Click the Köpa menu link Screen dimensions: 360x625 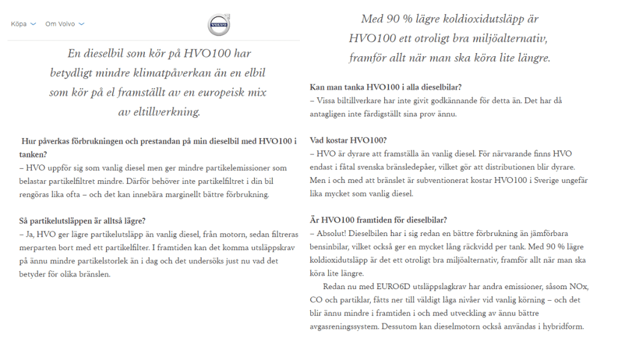[19, 24]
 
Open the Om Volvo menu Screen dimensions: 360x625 [60, 24]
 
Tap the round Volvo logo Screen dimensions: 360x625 [219, 25]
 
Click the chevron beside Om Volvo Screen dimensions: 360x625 [82, 24]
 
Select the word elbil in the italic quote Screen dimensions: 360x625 [254, 73]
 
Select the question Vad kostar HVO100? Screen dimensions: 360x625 [348, 140]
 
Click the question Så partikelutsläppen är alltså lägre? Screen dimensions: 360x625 [83, 220]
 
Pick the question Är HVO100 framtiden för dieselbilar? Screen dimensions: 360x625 [379, 219]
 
